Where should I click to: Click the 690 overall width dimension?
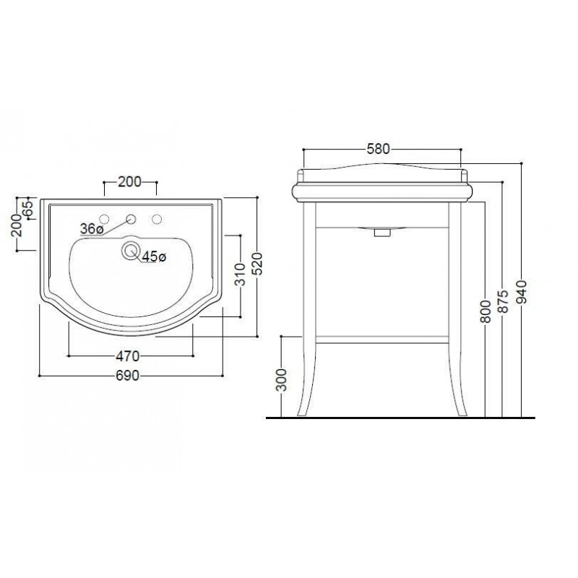tap(128, 376)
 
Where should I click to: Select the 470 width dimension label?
tap(128, 356)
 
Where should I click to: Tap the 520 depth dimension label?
tap(258, 263)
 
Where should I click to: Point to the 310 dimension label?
tap(241, 275)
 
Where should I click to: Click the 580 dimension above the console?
tap(378, 149)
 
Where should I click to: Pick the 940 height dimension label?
tap(522, 292)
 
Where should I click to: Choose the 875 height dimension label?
tap(503, 301)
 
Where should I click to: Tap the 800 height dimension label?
tap(486, 311)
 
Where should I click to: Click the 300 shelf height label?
tap(281, 380)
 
